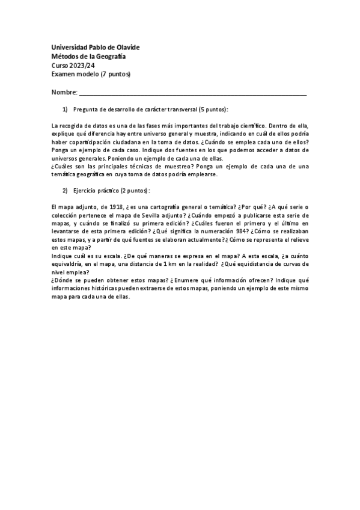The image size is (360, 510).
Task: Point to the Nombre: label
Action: (64, 93)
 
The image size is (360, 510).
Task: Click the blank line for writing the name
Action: (192, 93)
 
